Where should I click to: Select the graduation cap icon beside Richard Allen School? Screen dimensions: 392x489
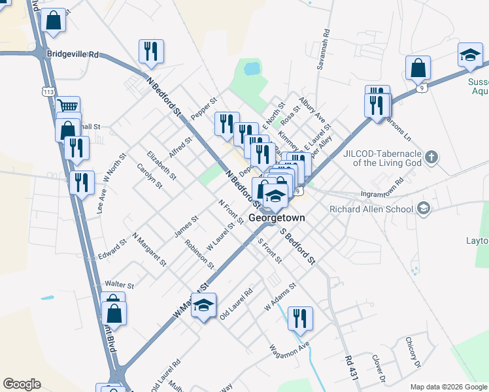coord(424,208)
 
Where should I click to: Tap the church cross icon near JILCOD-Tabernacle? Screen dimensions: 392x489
coord(430,157)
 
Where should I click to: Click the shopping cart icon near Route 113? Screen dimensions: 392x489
coord(68,106)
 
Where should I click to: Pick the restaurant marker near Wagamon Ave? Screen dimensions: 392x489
coord(300,319)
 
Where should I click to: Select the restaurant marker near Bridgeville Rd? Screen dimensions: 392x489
coord(151,52)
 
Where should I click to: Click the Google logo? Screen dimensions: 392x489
coord(22,384)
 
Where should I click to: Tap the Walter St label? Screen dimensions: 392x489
coord(119,286)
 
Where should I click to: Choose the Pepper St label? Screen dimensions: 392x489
coord(203,109)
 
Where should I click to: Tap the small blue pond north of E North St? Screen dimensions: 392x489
coord(250,67)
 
